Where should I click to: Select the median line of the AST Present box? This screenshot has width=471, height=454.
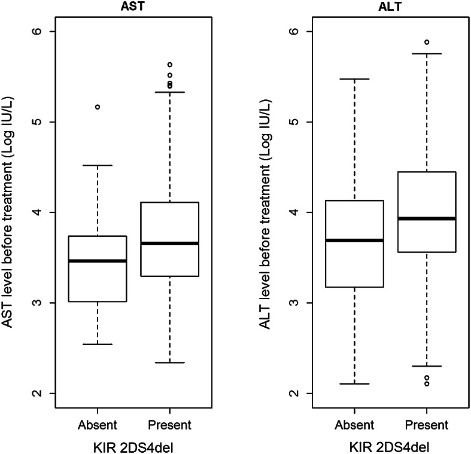[x=169, y=243]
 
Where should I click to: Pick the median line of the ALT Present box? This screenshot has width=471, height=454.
[x=427, y=219]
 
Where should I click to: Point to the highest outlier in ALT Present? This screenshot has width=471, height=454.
[x=427, y=42]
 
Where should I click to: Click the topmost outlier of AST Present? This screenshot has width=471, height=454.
[x=169, y=65]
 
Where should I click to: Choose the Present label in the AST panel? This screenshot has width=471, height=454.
[x=169, y=425]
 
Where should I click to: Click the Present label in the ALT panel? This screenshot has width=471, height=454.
[x=427, y=425]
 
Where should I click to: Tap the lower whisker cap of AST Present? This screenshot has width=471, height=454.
[x=169, y=362]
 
